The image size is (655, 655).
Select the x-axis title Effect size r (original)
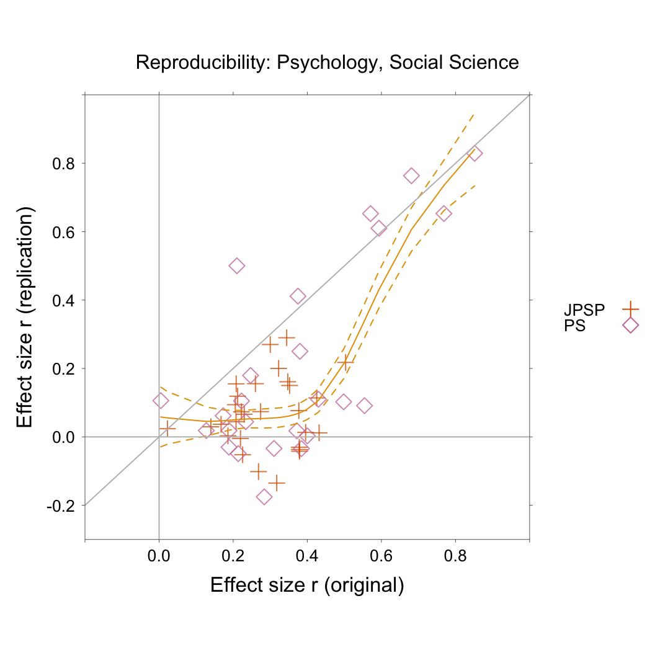pos(307,586)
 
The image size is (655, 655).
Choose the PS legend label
pos(574,325)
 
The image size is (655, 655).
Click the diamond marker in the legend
pos(630,325)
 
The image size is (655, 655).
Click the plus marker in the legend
pos(630,308)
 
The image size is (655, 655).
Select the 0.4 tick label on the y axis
pos(61,301)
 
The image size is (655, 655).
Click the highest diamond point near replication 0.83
pos(475,154)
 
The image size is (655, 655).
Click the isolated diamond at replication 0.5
pos(236,266)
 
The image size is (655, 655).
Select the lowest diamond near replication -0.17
pos(264,496)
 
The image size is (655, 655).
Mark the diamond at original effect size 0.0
pos(160,401)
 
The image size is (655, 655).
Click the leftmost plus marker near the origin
pos(167,428)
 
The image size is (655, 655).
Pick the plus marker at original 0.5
pos(345,361)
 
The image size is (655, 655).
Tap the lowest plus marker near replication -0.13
pos(276,483)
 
